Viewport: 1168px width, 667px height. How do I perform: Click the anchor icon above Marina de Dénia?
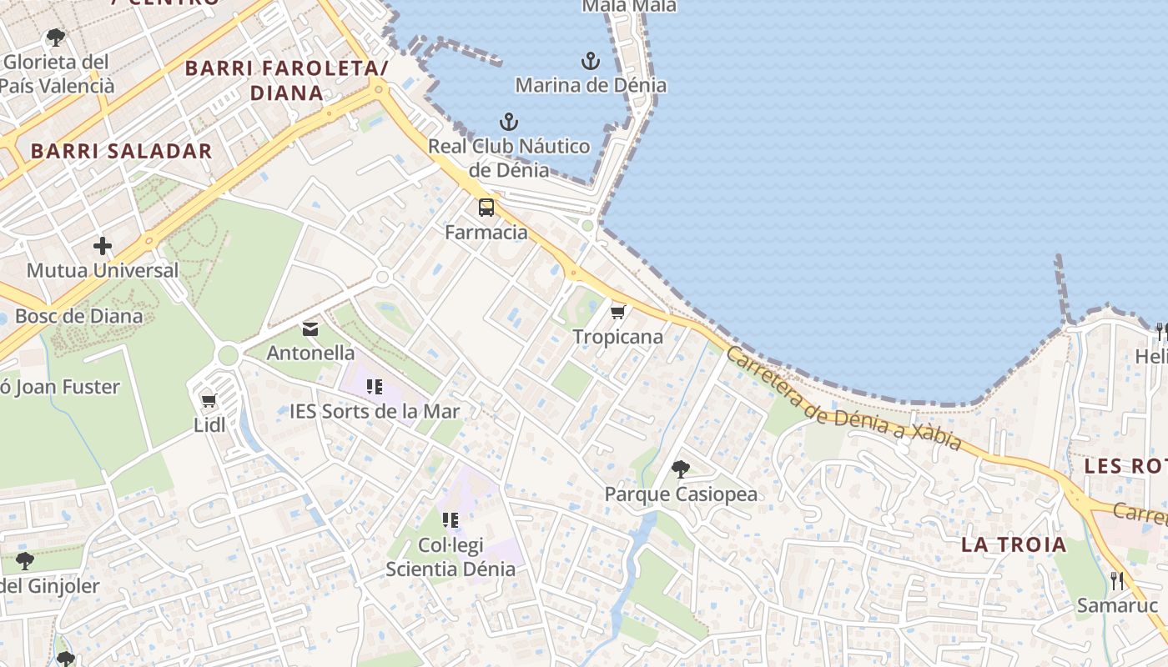591,61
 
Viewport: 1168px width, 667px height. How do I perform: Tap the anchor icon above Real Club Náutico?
509,123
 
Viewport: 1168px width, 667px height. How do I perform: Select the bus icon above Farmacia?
486,208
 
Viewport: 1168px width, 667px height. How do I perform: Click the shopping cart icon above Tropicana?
618,312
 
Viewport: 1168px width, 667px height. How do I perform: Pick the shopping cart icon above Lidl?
209,401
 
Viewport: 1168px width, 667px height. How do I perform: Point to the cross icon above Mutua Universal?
103,246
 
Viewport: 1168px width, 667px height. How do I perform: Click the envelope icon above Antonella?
310,328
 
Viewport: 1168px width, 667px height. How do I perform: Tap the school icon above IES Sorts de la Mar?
375,386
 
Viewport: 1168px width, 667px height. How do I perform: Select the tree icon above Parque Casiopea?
681,469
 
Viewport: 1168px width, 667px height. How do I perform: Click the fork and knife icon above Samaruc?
1117,580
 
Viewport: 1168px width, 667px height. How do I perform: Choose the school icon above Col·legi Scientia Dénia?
451,521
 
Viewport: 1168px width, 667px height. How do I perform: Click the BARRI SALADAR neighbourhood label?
122,151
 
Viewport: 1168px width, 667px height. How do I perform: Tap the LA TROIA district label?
1014,545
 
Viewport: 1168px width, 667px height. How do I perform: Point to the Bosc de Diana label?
79,316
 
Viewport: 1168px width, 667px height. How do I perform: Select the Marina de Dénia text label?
591,85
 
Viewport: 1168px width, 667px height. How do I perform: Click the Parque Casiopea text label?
681,494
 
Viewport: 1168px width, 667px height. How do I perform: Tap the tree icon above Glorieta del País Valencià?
56,38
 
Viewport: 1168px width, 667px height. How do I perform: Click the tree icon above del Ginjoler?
25,560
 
